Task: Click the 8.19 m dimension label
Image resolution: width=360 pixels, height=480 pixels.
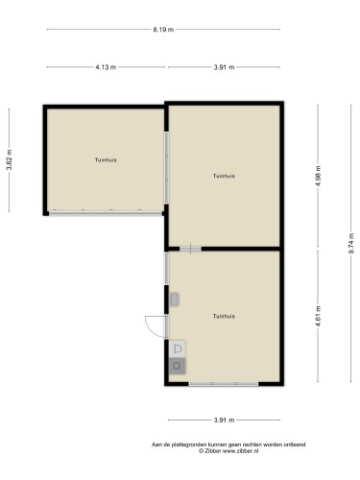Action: (163, 30)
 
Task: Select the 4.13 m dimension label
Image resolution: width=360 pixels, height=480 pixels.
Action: (106, 67)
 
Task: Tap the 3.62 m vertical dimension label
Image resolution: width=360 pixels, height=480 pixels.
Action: (10, 160)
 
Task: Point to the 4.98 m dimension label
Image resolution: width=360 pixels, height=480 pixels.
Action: (318, 177)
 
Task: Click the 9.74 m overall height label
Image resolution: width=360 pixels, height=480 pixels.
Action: (351, 243)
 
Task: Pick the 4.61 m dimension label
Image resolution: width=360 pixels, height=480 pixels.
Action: (318, 316)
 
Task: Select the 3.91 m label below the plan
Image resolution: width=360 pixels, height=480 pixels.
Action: (224, 420)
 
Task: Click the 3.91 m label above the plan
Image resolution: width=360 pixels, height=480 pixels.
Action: (224, 67)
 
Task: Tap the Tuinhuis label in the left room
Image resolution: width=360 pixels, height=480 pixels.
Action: (106, 159)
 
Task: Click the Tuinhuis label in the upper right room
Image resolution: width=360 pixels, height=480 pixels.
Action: (224, 176)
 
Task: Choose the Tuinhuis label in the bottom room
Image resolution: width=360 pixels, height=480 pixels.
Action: (224, 316)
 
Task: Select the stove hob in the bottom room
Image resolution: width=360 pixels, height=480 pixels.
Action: (178, 366)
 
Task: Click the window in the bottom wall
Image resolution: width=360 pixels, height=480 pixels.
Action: (224, 383)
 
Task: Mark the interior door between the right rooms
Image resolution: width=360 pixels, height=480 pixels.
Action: (190, 249)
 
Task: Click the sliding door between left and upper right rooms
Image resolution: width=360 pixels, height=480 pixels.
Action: (166, 168)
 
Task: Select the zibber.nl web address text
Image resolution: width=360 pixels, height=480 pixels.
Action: (241, 451)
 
